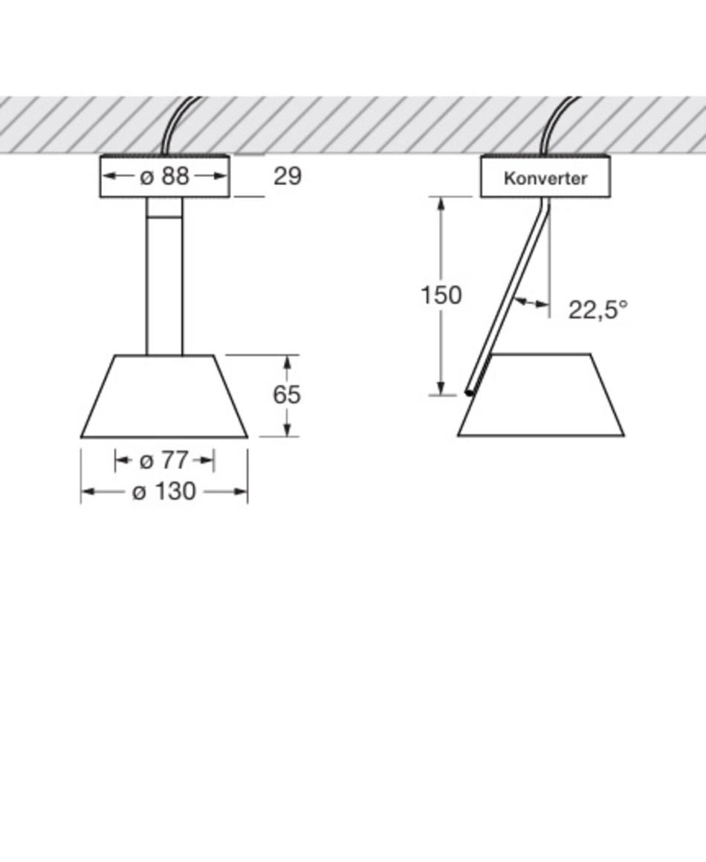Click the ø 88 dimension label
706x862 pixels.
coord(164,176)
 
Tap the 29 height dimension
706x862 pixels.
coord(288,176)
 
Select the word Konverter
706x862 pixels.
coord(545,178)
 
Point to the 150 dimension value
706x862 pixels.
coord(441,295)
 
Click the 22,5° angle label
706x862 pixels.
coord(597,310)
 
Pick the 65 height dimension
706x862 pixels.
coord(286,395)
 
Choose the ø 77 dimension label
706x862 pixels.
coord(164,460)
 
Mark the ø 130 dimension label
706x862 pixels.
coord(164,491)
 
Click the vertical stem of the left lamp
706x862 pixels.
coord(164,276)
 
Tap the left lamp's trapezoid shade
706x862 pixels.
coord(164,396)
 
